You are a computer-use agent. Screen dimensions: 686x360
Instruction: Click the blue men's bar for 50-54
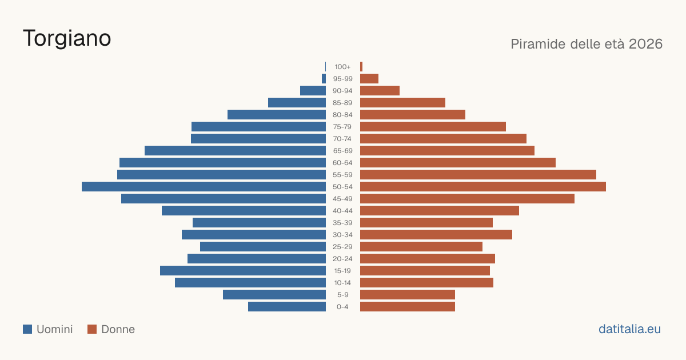point(204,187)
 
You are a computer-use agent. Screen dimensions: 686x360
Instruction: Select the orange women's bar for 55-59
point(478,175)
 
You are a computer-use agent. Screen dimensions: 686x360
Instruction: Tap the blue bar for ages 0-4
point(287,307)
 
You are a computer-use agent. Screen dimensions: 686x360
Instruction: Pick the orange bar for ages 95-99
point(369,79)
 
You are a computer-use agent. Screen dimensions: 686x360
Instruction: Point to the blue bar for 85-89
point(297,103)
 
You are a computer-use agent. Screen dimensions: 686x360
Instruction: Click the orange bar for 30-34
point(436,235)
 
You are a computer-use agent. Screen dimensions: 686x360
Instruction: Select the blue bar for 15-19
point(243,271)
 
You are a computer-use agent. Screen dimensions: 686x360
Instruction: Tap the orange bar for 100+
point(361,67)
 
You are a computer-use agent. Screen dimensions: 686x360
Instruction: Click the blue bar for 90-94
point(313,91)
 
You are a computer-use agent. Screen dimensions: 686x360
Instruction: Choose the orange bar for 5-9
point(408,295)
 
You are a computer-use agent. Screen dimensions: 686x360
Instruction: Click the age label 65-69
point(342,151)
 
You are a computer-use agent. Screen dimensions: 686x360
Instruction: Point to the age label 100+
point(342,67)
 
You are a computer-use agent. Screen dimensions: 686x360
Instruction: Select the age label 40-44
point(342,211)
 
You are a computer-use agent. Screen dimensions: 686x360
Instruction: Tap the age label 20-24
point(342,259)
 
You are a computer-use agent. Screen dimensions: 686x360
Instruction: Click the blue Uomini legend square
point(27,329)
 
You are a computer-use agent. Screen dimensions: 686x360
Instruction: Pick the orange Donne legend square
point(92,329)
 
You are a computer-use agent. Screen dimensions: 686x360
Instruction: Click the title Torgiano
point(67,39)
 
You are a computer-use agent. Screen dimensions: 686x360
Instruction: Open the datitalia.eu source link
point(629,329)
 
